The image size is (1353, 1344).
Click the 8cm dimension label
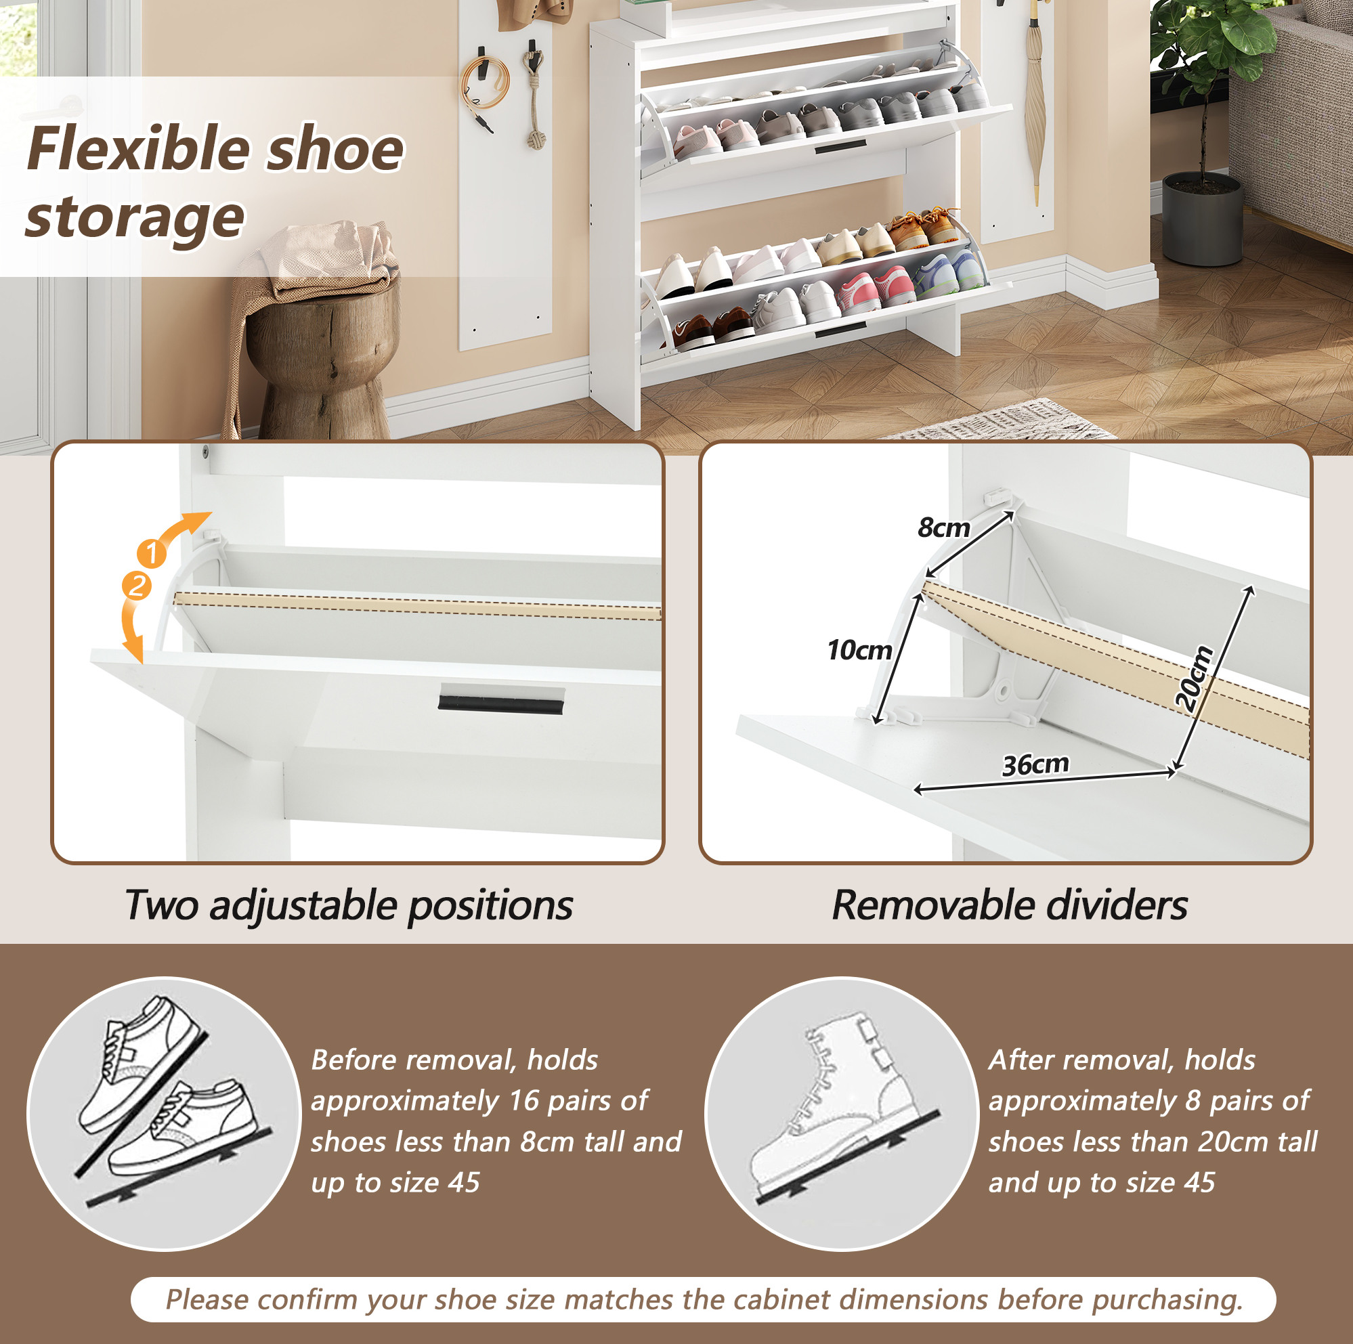(x=944, y=527)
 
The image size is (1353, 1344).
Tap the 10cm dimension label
(x=859, y=650)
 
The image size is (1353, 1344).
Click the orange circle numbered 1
(x=151, y=553)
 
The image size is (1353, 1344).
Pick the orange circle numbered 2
(x=137, y=586)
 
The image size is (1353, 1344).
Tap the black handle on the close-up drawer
(x=500, y=700)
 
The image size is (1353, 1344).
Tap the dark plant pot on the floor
(x=1203, y=219)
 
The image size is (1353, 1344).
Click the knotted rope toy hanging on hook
(x=534, y=98)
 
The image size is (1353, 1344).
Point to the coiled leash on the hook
(x=484, y=85)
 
